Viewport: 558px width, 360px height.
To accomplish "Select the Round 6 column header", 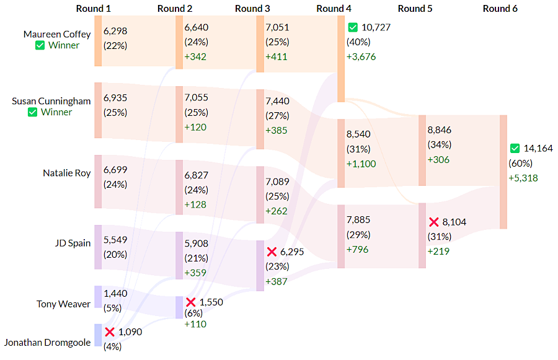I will coord(500,9).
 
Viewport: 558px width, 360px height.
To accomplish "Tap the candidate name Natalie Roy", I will coord(67,173).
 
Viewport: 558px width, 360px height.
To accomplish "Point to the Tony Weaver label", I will coord(64,304).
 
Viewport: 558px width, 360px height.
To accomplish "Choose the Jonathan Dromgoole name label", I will coord(48,342).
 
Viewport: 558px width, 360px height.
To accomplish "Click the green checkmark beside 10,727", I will coord(353,27).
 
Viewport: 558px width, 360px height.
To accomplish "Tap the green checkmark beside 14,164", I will coord(515,149).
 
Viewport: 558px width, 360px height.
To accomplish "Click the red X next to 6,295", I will coord(272,252).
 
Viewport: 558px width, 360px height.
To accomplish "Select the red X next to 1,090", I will coord(110,332).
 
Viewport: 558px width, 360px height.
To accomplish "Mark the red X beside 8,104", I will coord(434,222).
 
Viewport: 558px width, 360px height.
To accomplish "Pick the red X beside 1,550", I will coord(191,302).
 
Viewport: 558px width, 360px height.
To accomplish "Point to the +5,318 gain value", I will coord(523,178).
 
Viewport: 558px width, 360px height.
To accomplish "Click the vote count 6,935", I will coord(115,98).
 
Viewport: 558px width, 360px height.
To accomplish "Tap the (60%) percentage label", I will coord(520,164).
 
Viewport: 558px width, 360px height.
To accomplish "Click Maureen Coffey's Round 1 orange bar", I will coord(98,41).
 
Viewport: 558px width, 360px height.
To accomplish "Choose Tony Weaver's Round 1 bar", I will coord(98,297).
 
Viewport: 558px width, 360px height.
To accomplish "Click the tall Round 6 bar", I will coord(503,172).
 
